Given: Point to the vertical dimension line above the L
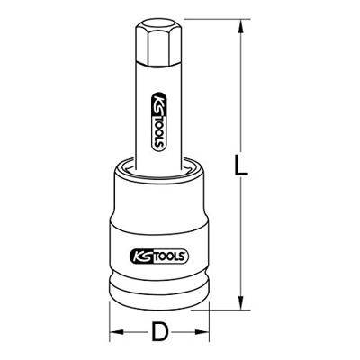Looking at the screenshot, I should [239, 90].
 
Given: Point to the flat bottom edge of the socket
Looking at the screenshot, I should [159, 306].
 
